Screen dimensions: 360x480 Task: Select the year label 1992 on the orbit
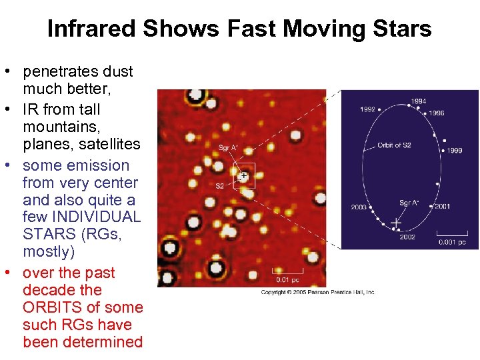tap(368, 109)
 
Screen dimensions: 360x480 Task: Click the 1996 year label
tap(436, 113)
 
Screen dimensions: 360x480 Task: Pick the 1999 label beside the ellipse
tap(454, 151)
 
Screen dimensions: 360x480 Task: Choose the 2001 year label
tap(442, 207)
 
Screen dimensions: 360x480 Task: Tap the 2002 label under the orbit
tap(407, 237)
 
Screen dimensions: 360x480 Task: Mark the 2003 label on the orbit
tap(359, 207)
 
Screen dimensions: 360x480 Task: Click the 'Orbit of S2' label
tap(394, 145)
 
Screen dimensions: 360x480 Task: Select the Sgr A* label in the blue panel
tap(409, 202)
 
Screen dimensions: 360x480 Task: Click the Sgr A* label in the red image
tap(229, 147)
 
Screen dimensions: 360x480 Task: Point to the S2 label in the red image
tap(219, 186)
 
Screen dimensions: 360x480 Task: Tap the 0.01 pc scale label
tap(283, 280)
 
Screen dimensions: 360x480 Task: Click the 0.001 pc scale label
tap(452, 242)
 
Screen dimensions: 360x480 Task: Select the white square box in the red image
tap(243, 177)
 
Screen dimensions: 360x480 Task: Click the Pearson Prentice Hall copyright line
tap(318, 292)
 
